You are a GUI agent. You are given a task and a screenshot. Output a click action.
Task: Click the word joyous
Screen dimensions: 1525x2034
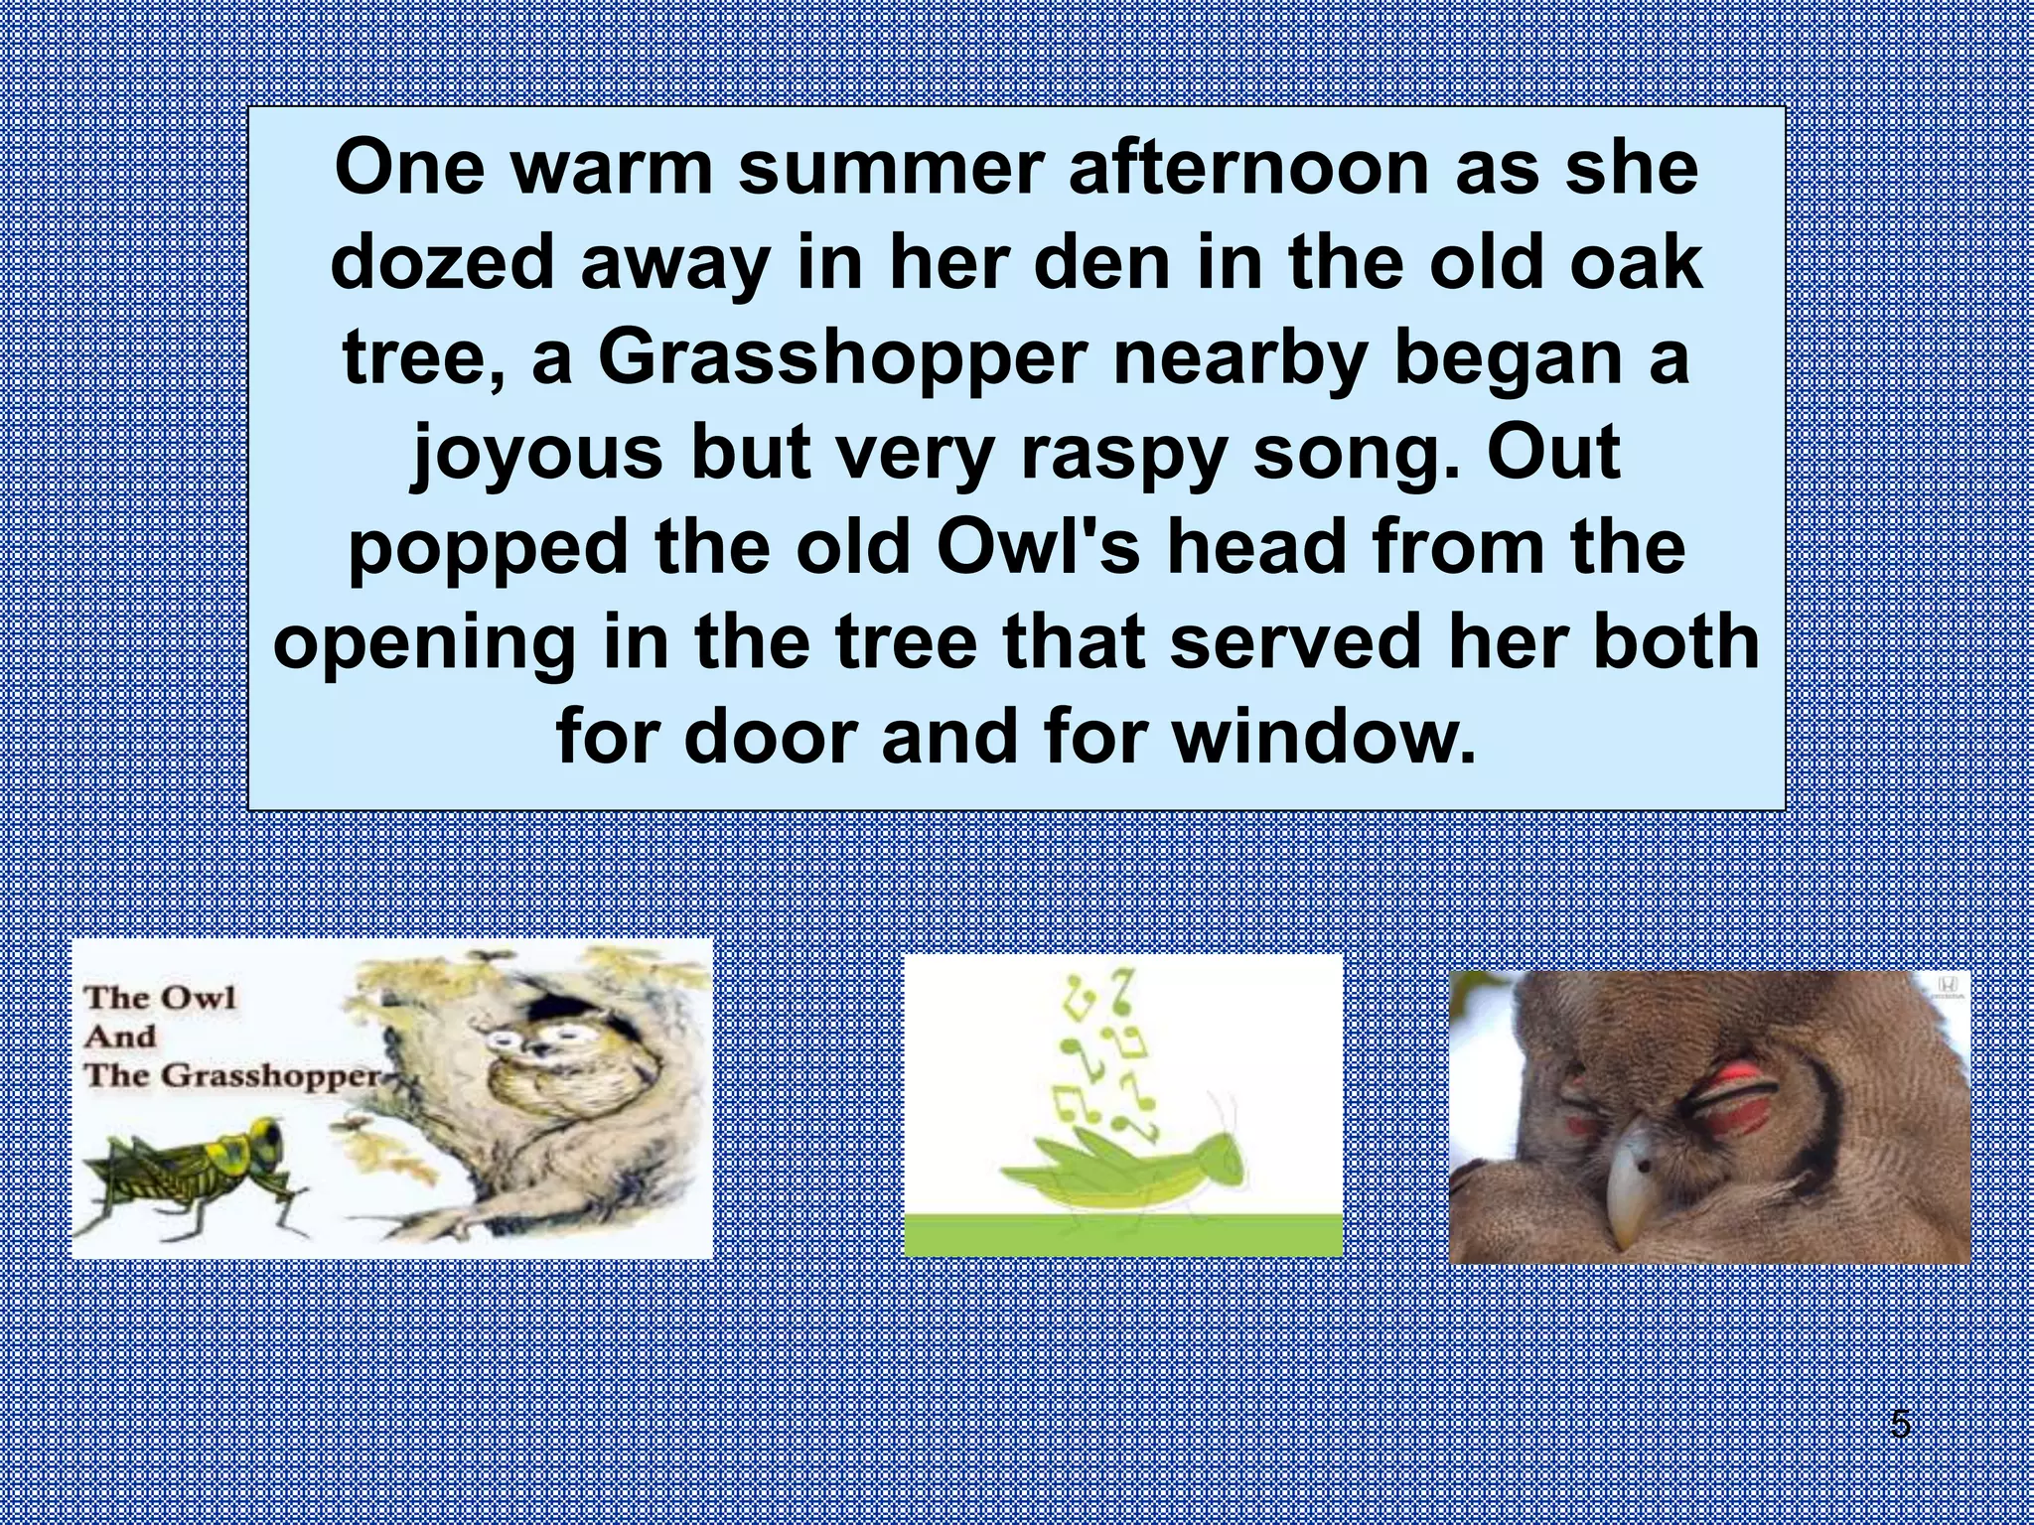[536, 453]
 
